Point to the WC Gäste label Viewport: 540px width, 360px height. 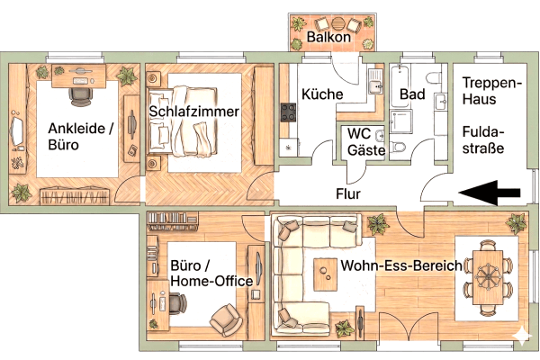[367, 143]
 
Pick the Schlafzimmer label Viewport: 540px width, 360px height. [195, 112]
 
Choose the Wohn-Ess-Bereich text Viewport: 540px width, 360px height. [401, 265]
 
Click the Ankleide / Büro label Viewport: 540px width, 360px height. [81, 136]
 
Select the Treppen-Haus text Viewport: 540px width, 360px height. [491, 93]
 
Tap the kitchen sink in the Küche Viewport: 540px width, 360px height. [375, 86]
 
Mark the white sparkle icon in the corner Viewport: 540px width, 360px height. [519, 335]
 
